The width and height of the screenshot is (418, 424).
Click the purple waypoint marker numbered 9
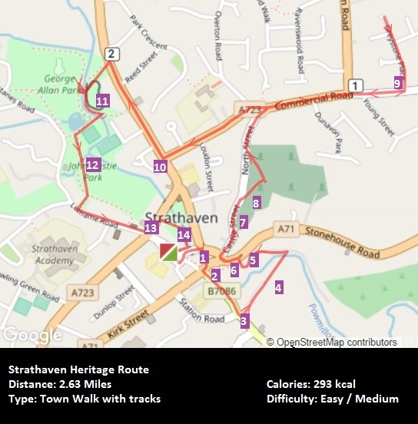coord(398,83)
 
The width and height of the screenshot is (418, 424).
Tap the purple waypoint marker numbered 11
coord(103,100)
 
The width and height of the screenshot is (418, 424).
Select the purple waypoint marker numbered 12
coord(93,164)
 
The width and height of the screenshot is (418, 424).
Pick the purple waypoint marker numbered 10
coord(160,166)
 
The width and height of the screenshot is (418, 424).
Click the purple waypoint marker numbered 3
coord(244,320)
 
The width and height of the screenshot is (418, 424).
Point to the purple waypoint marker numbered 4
coord(278,287)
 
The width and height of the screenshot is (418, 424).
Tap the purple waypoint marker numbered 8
coord(256,203)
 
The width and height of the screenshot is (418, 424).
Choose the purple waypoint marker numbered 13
coord(151,227)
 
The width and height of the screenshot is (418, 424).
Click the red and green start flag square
coord(168,251)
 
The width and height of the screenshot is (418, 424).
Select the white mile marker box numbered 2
coord(112,53)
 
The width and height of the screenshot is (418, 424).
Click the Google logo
coord(32,336)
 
